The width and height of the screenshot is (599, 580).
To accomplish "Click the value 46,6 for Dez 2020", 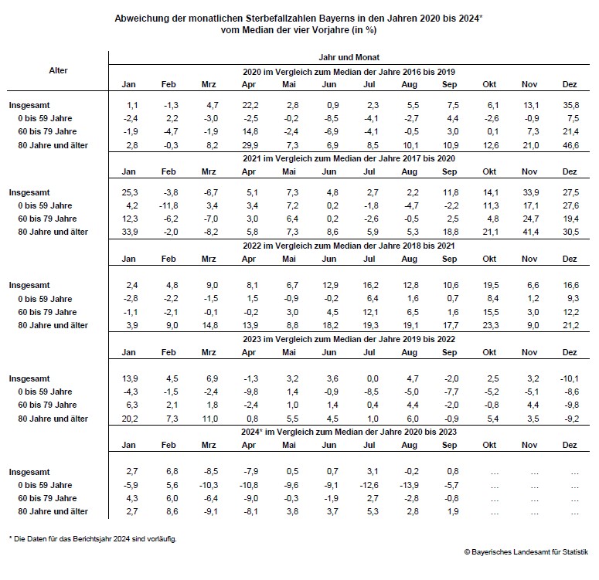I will click(573, 146).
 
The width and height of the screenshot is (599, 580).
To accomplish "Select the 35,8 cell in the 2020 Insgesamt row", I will click(573, 104).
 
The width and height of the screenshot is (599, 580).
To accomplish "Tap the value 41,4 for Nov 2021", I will click(529, 232).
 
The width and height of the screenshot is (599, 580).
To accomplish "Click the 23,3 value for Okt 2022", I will click(489, 325).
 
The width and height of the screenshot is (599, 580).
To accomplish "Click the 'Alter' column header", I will click(58, 70).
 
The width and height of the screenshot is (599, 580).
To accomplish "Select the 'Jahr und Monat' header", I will click(349, 57).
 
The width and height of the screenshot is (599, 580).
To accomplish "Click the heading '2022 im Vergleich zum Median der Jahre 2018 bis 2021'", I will click(349, 246).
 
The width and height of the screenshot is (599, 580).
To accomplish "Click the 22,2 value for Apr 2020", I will click(248, 104).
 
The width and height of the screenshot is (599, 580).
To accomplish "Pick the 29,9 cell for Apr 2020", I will click(248, 146).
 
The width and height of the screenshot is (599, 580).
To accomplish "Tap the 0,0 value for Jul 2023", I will click(371, 378).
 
